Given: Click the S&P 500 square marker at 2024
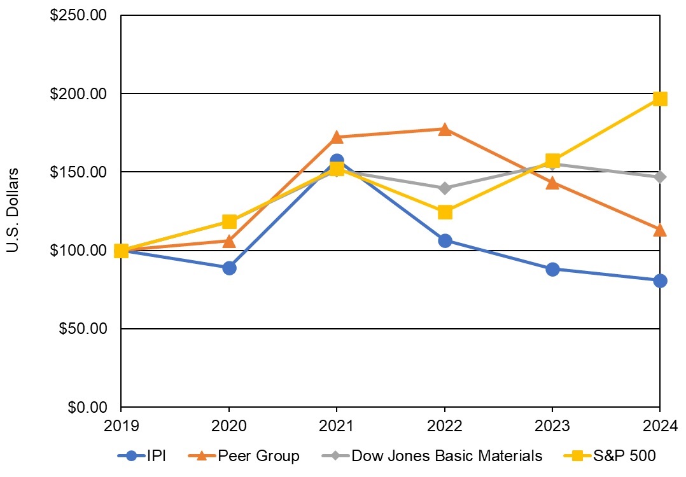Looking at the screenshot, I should [660, 99].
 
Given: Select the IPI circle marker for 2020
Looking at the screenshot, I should [229, 268].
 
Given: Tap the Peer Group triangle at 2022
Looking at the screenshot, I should [445, 130].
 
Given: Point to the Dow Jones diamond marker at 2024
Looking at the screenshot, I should [660, 176].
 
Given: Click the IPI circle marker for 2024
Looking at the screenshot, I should [660, 280].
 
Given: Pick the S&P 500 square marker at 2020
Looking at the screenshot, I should [229, 221].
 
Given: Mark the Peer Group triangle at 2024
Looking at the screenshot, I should [660, 230].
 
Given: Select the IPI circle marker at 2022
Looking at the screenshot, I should [445, 240].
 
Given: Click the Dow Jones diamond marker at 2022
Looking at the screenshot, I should [445, 188].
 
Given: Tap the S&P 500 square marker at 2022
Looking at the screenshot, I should [445, 212].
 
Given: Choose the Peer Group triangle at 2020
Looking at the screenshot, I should [229, 241].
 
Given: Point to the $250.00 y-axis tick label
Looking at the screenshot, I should [78, 15].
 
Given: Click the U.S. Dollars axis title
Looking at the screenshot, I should [13, 210].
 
